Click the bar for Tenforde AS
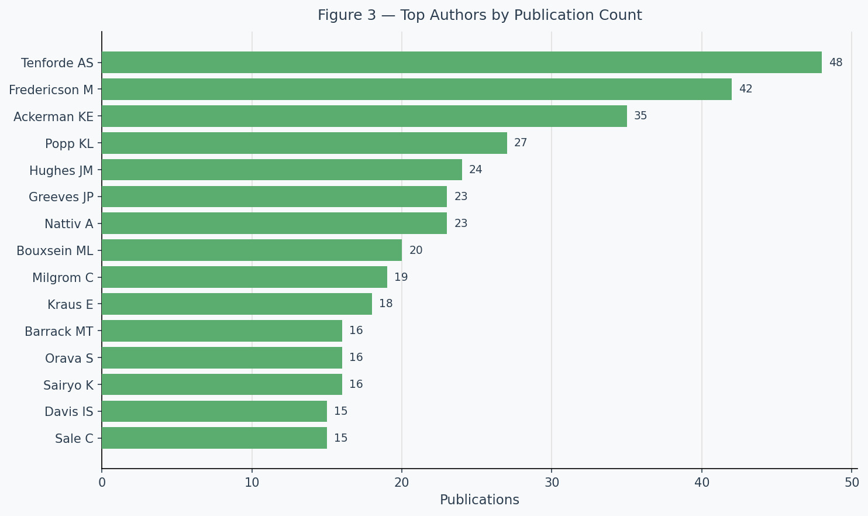461,63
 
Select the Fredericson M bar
416,89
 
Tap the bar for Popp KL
304,143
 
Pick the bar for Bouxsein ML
252,250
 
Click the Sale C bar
214,438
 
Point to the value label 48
836,63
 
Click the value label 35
640,116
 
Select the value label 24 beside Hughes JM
476,170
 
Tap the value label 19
401,277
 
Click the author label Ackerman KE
53,116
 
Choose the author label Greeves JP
61,197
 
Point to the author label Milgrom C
63,278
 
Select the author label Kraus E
71,305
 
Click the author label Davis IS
69,412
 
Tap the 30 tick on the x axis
552,483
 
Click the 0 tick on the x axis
102,483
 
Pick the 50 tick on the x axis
852,483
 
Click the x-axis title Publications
480,500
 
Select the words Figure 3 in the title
347,15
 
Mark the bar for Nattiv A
274,223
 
